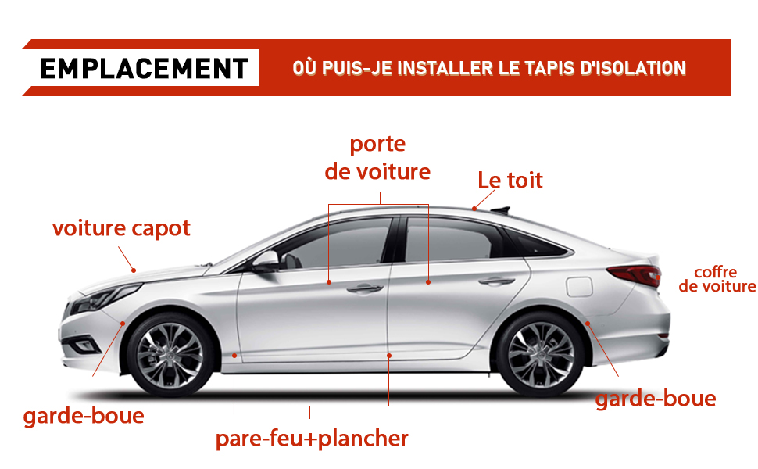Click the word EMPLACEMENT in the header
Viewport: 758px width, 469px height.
144,68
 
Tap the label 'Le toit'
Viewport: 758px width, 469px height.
510,180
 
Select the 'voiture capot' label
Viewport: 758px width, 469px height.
121,228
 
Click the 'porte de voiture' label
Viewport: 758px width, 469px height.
377,158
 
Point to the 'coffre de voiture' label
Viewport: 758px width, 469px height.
717,279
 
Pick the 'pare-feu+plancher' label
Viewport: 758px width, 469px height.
312,439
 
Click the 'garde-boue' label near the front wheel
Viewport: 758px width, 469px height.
84,416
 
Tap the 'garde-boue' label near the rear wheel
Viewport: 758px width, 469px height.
656,399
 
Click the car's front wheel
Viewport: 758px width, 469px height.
170,356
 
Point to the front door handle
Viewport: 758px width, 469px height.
365,288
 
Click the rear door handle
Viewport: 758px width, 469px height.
496,281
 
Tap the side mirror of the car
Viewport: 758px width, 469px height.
266,260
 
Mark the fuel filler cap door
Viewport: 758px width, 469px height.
579,286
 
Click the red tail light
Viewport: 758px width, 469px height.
635,275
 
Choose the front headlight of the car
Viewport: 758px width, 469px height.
106,297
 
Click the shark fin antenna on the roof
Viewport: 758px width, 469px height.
500,209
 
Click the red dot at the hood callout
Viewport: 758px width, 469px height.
134,270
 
